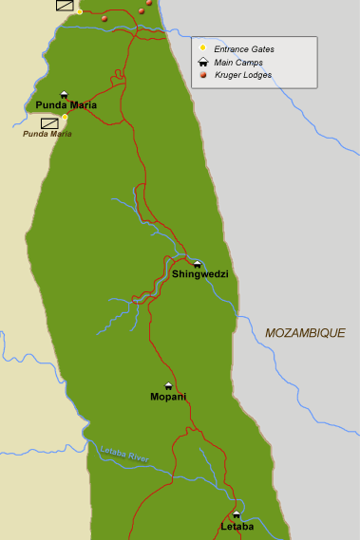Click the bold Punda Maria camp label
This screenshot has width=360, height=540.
coord(66,105)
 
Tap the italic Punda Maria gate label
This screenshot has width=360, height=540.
coord(47,134)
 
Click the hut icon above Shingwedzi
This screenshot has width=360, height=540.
coord(198,264)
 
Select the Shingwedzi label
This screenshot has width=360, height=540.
coord(199,274)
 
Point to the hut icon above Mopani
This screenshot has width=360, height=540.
coord(168,385)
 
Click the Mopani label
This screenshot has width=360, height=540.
coord(168,396)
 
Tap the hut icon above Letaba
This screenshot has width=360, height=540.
coord(237,515)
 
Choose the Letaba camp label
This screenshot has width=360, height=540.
coord(237,526)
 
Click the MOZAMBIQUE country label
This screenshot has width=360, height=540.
coord(305,333)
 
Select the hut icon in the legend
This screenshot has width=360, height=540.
coord(202,62)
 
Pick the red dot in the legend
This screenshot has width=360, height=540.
coord(202,74)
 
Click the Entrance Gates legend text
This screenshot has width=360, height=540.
coord(244,49)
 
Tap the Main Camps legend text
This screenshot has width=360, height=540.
coord(237,62)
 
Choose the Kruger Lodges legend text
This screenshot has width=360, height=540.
coord(242,74)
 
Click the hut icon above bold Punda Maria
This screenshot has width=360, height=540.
coord(65,94)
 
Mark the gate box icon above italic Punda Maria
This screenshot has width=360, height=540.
coord(48,122)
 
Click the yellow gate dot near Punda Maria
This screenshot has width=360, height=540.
coord(65,116)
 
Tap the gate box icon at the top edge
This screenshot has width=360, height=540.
coord(65,5)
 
